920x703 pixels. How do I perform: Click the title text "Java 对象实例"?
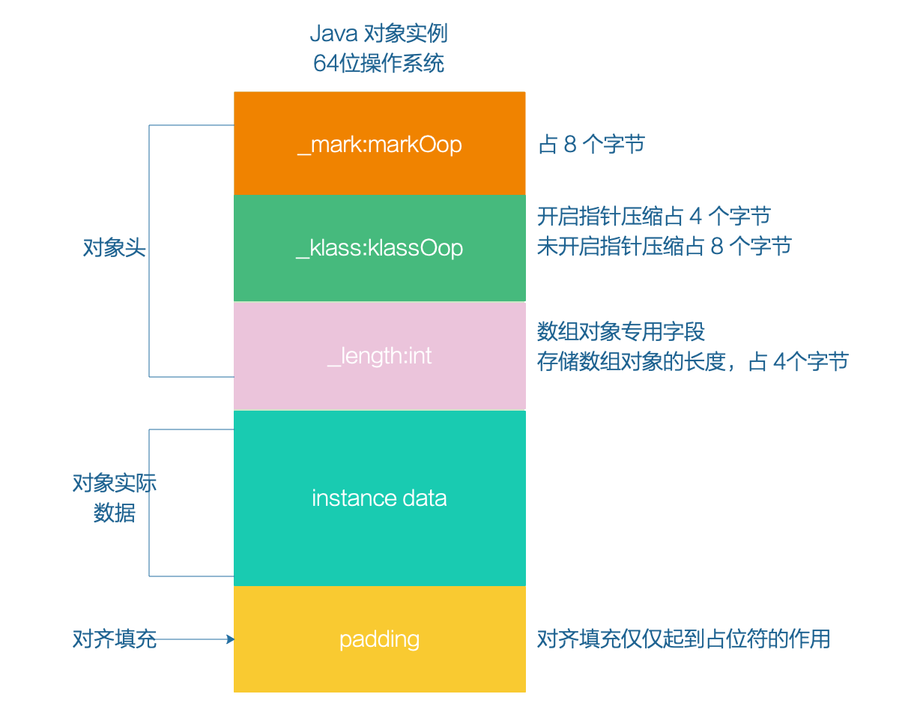coord(378,34)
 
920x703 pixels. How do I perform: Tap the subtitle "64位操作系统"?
coord(378,63)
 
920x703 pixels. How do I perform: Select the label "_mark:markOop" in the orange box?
coord(379,144)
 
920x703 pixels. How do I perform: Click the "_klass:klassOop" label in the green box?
coord(379,248)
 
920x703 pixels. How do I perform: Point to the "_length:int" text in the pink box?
coord(379,355)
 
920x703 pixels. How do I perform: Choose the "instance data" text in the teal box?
coord(379,498)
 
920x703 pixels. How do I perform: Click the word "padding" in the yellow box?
coord(379,639)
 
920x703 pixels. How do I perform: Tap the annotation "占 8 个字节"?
coord(591,144)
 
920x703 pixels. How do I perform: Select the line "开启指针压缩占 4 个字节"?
coord(653,217)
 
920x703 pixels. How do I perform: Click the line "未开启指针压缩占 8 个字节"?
coord(664,246)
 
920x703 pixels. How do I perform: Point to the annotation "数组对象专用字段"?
coord(621,331)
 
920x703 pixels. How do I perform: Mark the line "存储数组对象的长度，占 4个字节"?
coord(692,361)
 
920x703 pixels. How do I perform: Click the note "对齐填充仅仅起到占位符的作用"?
coord(683,639)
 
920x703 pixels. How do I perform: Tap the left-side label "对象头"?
coord(114,248)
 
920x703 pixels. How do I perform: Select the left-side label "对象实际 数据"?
coord(114,498)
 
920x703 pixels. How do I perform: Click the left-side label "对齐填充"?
coord(114,639)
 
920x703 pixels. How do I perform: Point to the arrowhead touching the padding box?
coord(230,639)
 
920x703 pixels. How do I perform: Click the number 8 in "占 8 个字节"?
coord(570,145)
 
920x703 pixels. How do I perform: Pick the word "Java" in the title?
coord(333,34)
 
